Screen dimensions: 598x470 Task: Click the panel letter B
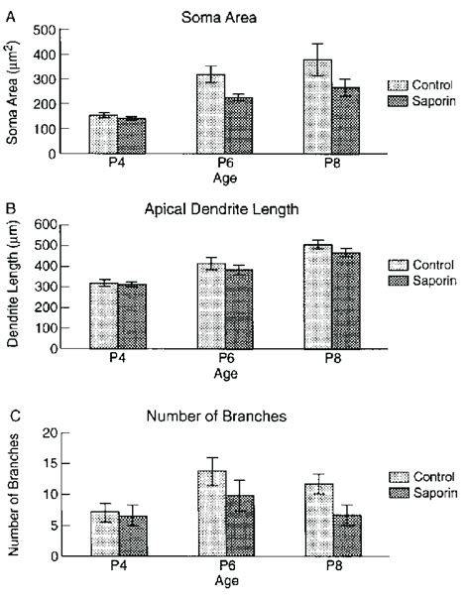click(9, 209)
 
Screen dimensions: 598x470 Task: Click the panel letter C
click(9, 417)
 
